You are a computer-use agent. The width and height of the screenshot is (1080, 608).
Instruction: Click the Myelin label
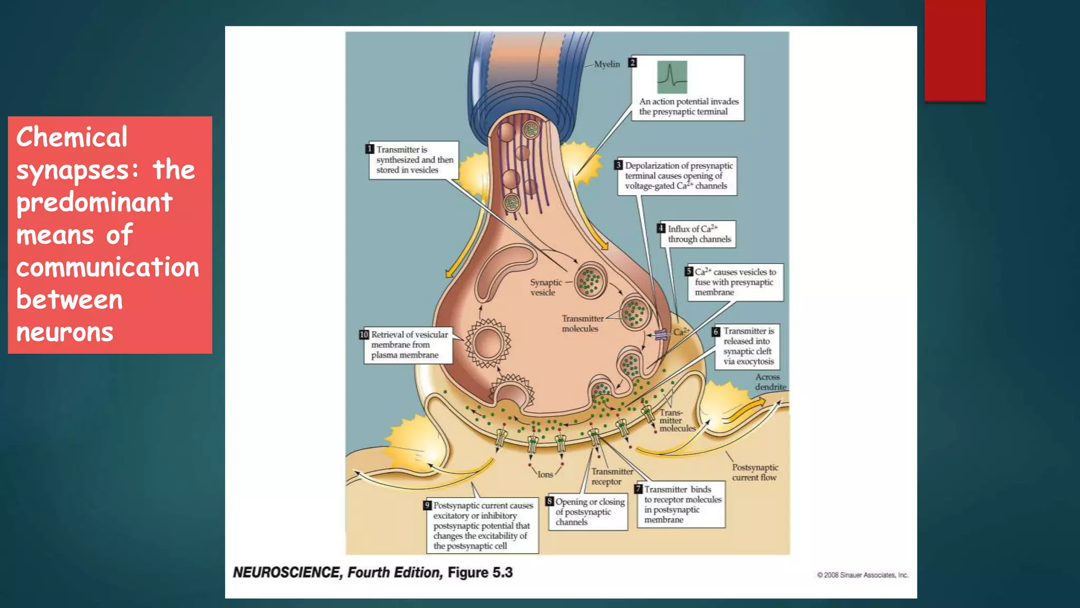pos(607,64)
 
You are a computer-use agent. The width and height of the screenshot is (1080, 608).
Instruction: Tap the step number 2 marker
pos(633,63)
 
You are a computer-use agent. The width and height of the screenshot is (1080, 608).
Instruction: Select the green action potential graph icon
pos(672,77)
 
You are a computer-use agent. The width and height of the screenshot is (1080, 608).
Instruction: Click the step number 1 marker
pos(370,149)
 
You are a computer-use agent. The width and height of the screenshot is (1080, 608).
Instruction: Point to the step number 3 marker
pos(619,165)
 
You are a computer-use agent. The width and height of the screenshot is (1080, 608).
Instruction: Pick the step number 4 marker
pos(661,229)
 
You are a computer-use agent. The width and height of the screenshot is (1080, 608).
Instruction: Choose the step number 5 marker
pos(689,272)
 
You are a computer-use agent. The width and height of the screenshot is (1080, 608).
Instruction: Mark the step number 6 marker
pos(716,331)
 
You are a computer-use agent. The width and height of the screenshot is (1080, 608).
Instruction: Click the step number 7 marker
pos(639,489)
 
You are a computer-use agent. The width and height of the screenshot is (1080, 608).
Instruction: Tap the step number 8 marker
pos(549,501)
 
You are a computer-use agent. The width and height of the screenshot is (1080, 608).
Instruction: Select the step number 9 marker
pos(428,505)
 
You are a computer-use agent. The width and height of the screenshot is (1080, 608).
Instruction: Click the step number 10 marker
pos(364,335)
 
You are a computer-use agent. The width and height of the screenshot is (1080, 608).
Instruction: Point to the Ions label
pos(545,474)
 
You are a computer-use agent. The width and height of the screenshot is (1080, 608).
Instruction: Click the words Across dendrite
pos(770,382)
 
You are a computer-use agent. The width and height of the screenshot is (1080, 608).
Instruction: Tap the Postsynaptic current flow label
pos(755,472)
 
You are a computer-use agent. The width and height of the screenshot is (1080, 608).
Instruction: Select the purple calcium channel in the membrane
pos(661,334)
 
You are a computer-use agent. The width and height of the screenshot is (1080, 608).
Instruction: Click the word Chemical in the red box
pos(72,138)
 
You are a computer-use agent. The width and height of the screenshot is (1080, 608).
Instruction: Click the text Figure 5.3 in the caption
pos(480,573)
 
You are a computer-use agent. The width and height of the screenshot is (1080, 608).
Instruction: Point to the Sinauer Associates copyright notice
pos(863,575)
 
